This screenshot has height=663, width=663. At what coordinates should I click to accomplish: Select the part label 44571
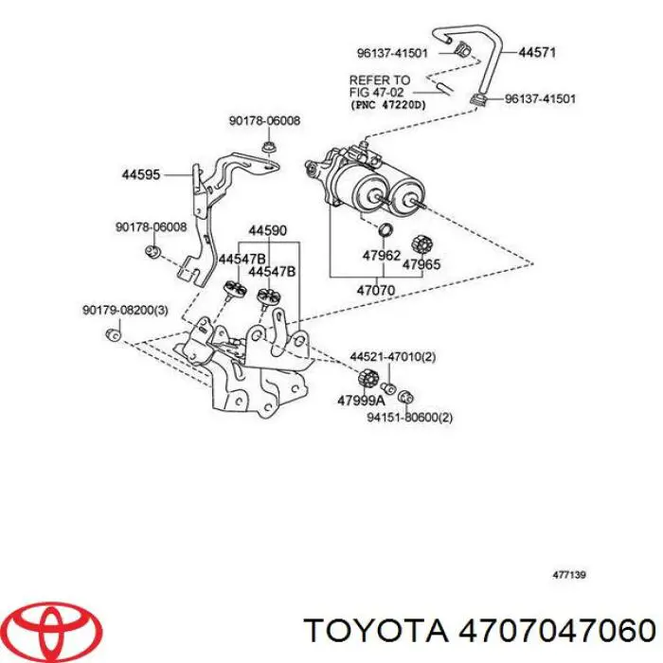538,54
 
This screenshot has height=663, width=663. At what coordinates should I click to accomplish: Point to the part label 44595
141,174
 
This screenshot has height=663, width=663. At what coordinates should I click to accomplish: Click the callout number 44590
267,230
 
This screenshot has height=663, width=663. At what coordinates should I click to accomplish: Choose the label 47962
382,255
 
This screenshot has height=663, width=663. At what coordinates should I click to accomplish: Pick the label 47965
421,265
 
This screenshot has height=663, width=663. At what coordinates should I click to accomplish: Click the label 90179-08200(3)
126,310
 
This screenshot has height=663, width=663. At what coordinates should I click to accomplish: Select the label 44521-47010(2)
393,356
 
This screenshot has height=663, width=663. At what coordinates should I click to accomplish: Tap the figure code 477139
568,574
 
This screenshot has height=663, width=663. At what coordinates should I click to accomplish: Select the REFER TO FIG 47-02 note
380,86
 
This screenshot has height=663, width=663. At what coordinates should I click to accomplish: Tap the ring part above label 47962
385,232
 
